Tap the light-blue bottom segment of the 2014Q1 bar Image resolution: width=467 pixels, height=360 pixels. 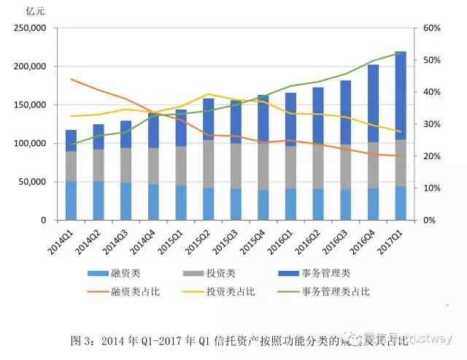pyautogui.click(x=71, y=200)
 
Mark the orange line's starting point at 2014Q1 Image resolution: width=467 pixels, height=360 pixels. pyautogui.click(x=71, y=79)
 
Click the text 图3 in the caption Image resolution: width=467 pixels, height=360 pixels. pyautogui.click(x=77, y=340)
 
